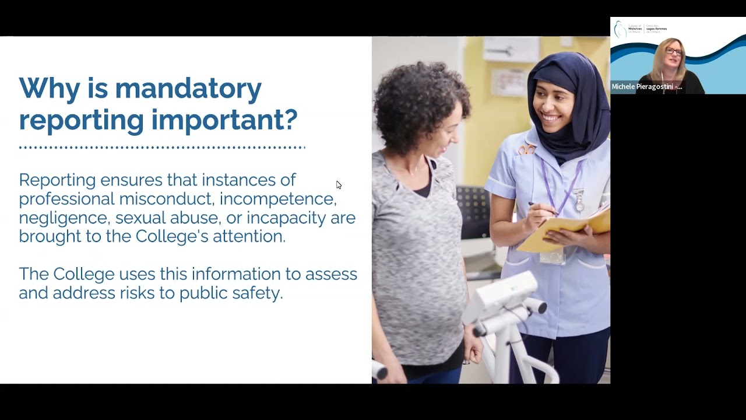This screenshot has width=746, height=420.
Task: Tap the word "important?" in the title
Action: [x=224, y=120]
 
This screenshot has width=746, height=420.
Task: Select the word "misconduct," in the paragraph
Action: [x=167, y=199]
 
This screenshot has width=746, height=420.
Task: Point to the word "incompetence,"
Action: [x=278, y=199]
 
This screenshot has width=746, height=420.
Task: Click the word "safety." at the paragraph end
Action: [x=261, y=293]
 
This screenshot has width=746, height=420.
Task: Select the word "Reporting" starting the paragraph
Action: [x=57, y=180]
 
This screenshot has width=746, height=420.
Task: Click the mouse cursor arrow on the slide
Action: [x=339, y=185]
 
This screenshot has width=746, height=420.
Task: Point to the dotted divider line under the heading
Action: [x=162, y=148]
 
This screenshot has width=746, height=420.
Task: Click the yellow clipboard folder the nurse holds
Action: [x=559, y=230]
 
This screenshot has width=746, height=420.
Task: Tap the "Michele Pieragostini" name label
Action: [x=646, y=87]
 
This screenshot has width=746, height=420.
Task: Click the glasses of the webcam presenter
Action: [x=673, y=51]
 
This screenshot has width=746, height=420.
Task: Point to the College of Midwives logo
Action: [x=640, y=29]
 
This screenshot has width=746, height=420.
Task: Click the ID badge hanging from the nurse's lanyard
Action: [x=551, y=254]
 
